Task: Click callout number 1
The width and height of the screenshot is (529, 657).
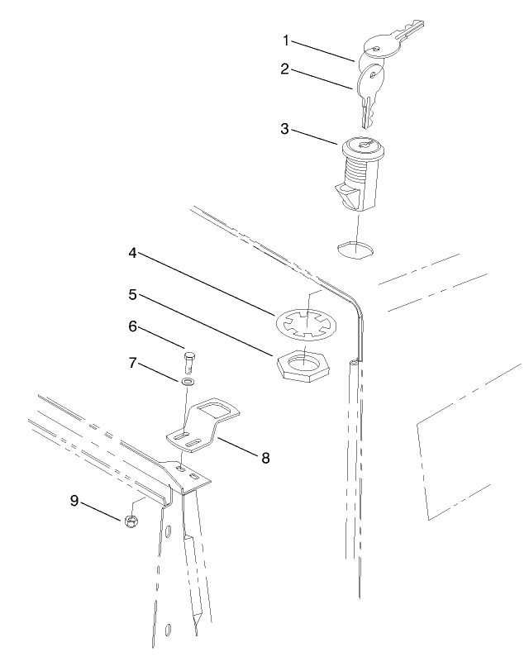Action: tap(285, 40)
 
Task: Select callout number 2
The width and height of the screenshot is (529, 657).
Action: tap(285, 69)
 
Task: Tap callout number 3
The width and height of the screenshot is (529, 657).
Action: tap(285, 129)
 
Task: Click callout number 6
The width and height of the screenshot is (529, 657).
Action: tap(133, 328)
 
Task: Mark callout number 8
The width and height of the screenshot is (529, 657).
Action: tap(265, 457)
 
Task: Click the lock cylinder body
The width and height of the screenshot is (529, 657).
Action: tap(360, 169)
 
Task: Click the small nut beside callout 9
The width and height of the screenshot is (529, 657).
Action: tap(130, 521)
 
